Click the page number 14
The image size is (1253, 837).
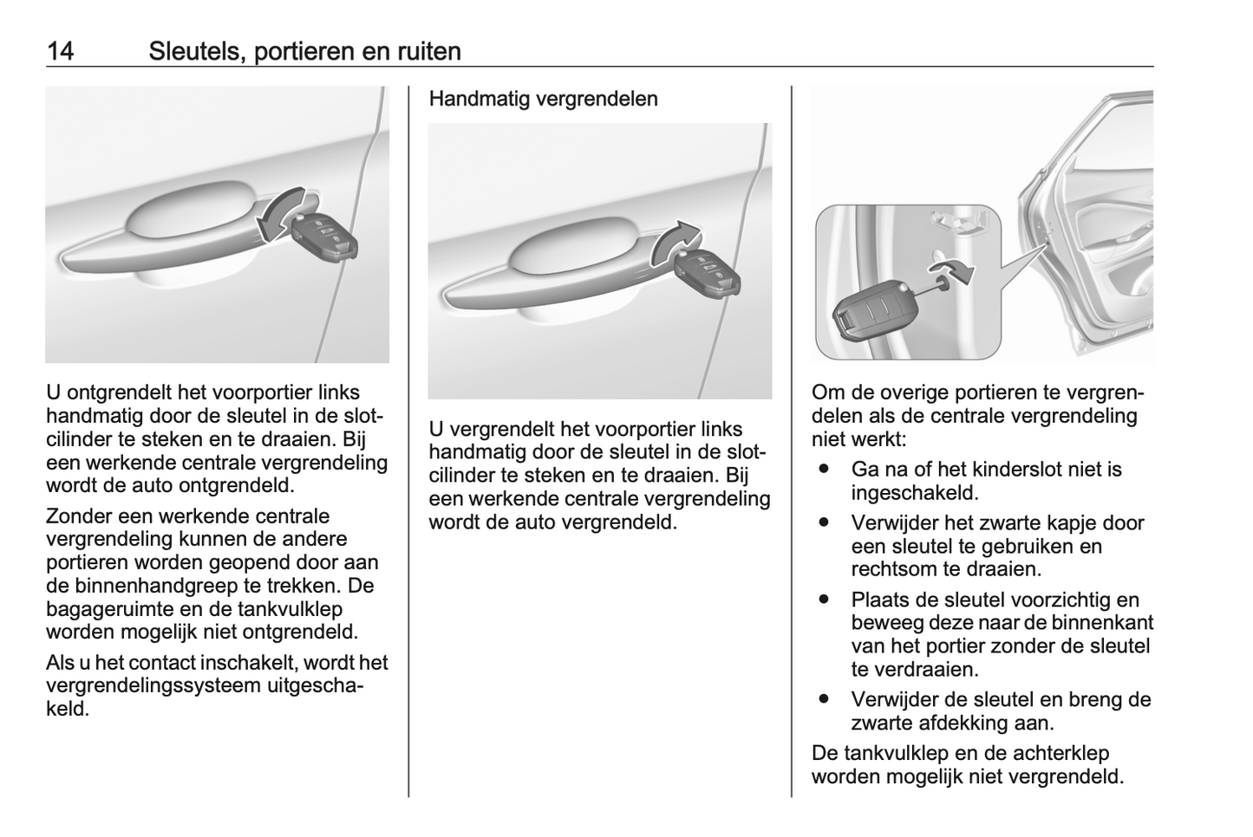(60, 51)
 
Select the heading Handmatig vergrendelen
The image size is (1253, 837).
(543, 99)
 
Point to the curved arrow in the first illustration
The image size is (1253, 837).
(280, 215)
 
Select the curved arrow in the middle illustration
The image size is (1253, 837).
(672, 242)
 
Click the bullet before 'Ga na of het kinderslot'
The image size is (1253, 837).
(823, 469)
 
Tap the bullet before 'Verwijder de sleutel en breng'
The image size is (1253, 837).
(823, 698)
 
